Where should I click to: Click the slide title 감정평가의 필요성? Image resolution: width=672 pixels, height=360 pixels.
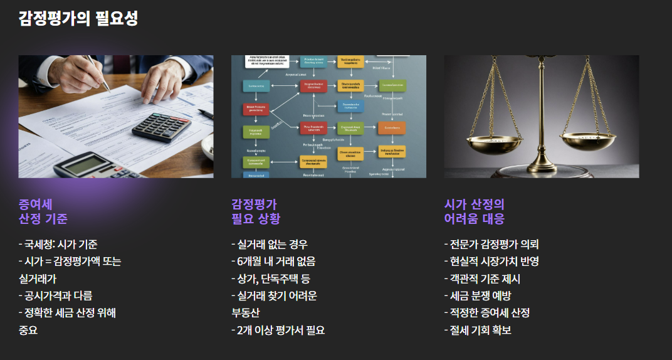tap(78, 19)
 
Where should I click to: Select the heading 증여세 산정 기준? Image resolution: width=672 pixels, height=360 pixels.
tap(43, 211)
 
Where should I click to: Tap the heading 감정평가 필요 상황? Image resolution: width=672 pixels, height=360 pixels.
tap(256, 211)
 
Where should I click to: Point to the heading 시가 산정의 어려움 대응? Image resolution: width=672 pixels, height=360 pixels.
tap(474, 211)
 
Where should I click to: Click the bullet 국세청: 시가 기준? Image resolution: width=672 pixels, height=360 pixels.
tap(58, 245)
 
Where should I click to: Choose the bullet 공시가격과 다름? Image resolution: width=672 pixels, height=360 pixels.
tap(56, 295)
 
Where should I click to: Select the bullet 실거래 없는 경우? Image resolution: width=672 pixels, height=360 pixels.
tap(270, 245)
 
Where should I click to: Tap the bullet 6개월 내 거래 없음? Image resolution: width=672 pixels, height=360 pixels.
tap(273, 262)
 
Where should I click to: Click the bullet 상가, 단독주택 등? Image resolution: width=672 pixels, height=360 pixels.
tap(270, 278)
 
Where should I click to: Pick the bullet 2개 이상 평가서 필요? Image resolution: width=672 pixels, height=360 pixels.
tap(278, 330)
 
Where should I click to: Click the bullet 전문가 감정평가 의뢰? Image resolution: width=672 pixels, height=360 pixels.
tap(491, 245)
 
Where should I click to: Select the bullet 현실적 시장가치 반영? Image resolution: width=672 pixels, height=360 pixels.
tap(491, 262)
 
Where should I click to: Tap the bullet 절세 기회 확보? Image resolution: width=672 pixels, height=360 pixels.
tap(478, 330)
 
